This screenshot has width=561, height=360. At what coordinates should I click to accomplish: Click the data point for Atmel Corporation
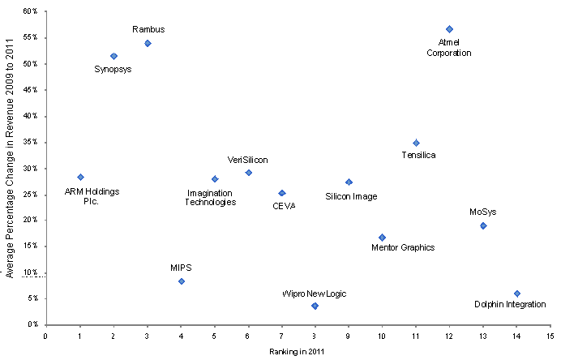[x=449, y=29]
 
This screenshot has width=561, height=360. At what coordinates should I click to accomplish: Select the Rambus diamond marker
[x=148, y=43]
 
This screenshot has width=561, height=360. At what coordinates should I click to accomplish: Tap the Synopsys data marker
[x=113, y=56]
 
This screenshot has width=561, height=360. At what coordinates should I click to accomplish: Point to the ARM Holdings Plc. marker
[x=80, y=177]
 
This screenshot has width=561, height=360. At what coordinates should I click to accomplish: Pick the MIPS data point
[x=181, y=281]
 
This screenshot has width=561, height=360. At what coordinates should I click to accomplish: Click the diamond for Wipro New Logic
[x=315, y=306]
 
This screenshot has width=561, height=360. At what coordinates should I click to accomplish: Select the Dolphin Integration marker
[x=516, y=294]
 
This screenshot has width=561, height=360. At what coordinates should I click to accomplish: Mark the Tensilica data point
[x=416, y=143]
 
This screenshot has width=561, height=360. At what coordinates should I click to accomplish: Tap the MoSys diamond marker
[x=483, y=225]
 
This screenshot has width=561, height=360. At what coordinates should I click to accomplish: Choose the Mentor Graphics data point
[x=382, y=238]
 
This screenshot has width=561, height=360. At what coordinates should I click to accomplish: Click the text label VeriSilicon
[x=247, y=161]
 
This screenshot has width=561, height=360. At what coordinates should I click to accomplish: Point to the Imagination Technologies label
[x=212, y=197]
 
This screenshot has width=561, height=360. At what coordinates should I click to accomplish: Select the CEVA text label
[x=284, y=206]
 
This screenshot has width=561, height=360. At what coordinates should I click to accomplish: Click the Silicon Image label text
[x=351, y=196]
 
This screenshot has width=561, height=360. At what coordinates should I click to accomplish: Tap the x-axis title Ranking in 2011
[x=298, y=352]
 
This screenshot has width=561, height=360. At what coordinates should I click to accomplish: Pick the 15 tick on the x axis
[x=550, y=334]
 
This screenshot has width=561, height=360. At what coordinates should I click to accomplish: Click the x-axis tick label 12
[x=449, y=334]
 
